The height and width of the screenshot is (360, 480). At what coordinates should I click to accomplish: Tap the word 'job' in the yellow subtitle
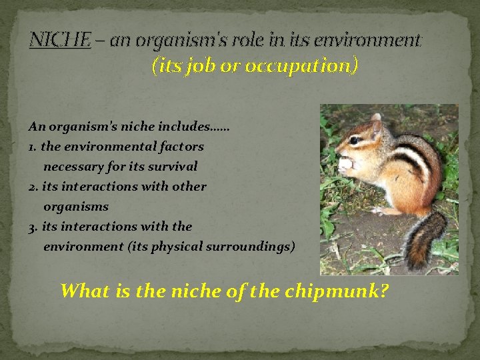(201, 66)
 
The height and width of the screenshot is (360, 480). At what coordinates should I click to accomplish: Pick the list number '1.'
(33, 146)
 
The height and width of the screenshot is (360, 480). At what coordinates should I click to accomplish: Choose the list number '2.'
(33, 186)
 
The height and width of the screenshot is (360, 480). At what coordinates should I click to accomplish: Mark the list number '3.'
(33, 226)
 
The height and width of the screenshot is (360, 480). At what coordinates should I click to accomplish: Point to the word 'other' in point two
(189, 186)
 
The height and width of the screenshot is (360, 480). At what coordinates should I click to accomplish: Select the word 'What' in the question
(83, 291)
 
